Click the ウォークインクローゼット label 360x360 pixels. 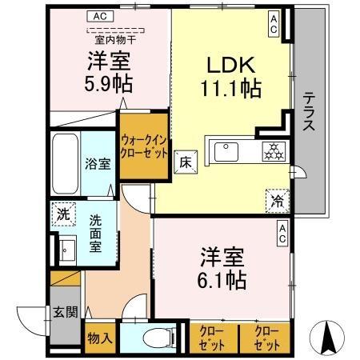(x=143, y=145)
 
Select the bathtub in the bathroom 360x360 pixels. (x=64, y=161)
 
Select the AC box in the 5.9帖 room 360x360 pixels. (x=99, y=16)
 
